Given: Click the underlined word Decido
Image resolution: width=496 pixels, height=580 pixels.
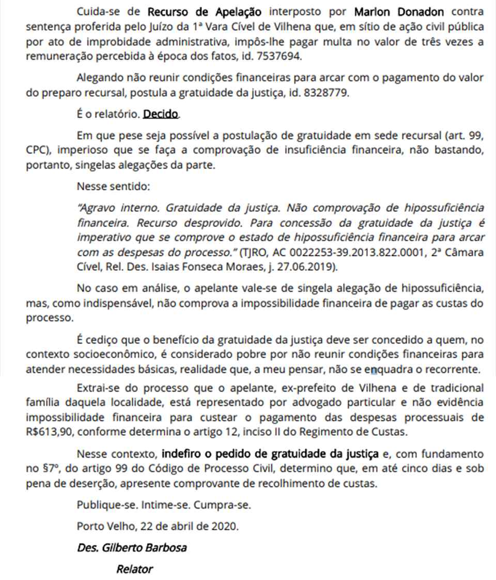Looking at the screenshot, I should [x=162, y=114].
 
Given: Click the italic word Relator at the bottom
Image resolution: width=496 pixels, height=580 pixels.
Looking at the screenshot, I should [x=134, y=569].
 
